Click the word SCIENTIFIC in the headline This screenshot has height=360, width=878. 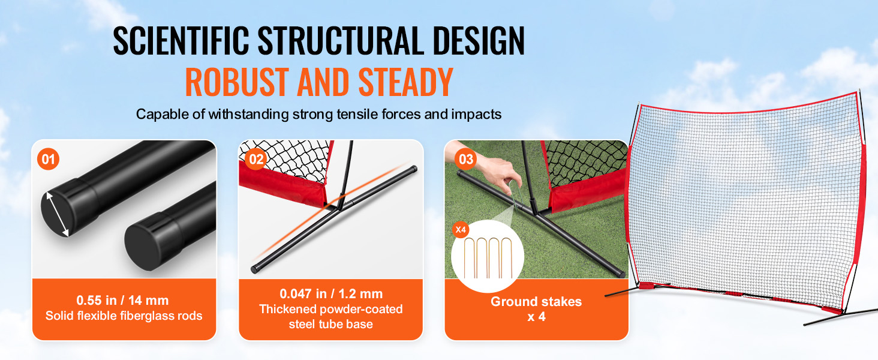[x=181, y=40]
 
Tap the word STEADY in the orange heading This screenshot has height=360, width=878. [x=405, y=82]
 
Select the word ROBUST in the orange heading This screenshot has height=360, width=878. [x=237, y=82]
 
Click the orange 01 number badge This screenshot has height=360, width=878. [x=48, y=159]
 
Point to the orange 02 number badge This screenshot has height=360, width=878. [x=256, y=159]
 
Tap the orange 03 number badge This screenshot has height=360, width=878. [x=466, y=159]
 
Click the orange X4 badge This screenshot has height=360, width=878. [x=461, y=230]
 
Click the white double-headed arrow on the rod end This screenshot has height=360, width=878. [x=58, y=214]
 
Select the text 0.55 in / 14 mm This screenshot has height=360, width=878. [x=123, y=301]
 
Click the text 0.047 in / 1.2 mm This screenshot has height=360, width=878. [x=331, y=294]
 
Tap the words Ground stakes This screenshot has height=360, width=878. [x=536, y=302]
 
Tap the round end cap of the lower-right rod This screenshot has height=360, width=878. [x=146, y=243]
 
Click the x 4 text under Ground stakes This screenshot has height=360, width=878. [x=536, y=317]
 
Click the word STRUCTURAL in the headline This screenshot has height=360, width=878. [x=341, y=40]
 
